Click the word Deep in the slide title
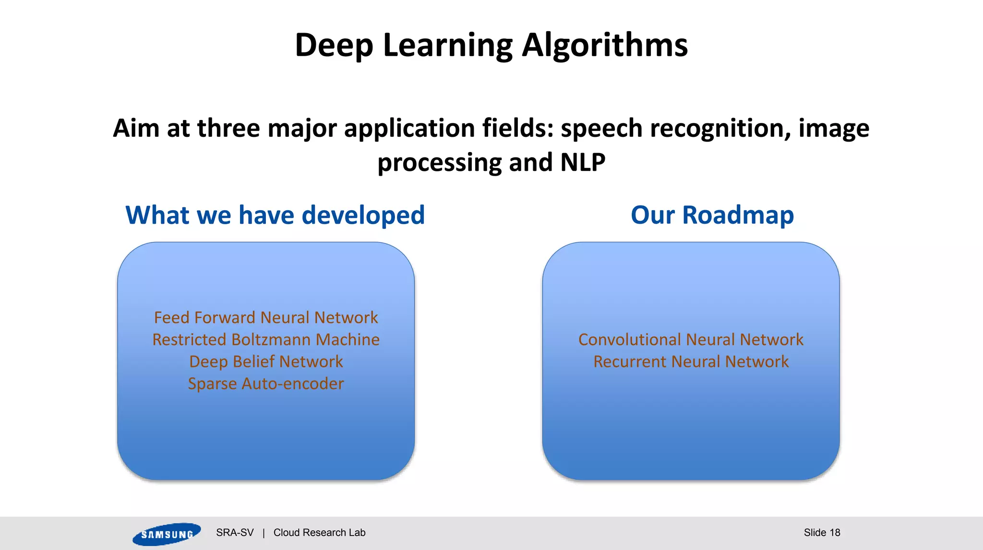tap(334, 46)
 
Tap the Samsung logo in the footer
tap(167, 534)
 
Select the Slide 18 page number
tap(822, 533)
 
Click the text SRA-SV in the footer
tap(235, 533)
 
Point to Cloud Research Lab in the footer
tap(319, 533)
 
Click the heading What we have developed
tap(275, 215)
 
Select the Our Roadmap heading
tap(712, 215)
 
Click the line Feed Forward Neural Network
tap(266, 318)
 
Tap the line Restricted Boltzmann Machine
tap(266, 340)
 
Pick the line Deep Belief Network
tap(266, 362)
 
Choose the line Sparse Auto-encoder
tap(266, 384)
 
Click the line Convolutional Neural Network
tap(691, 340)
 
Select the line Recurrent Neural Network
tap(691, 362)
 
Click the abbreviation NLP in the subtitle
tap(582, 162)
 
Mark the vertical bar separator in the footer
tap(264, 533)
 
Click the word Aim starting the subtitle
tap(136, 129)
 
